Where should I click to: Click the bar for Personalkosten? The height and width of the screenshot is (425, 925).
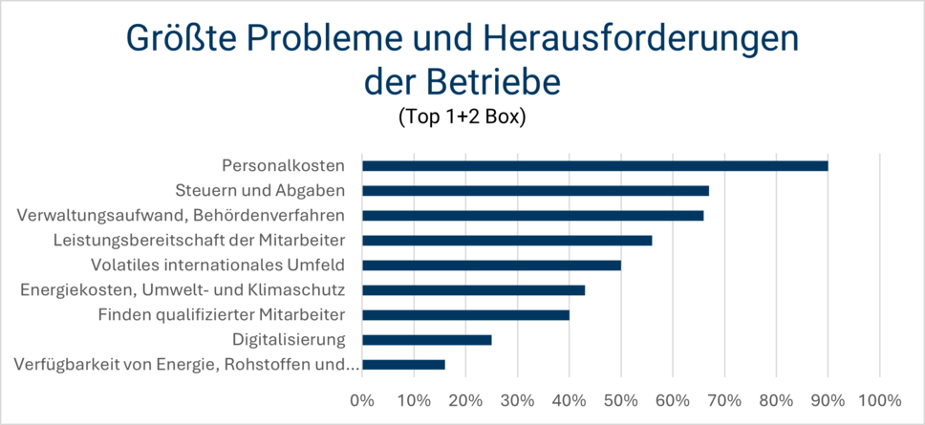tap(594, 165)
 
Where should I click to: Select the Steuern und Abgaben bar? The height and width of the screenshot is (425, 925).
tap(535, 190)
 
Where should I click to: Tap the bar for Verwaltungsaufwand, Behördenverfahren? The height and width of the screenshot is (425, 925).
tap(532, 215)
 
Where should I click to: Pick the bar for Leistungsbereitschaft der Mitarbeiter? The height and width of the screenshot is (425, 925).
tap(506, 240)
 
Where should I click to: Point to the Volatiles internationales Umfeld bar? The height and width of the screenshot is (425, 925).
tap(491, 265)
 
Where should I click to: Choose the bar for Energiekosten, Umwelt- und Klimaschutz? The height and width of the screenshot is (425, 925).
tap(473, 289)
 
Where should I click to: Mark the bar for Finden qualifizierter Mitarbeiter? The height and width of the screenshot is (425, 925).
tap(465, 314)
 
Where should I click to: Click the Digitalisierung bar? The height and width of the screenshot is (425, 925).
tap(426, 339)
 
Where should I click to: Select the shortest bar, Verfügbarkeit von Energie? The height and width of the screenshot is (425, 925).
tap(403, 364)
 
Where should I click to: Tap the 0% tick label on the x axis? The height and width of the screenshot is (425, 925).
tap(362, 399)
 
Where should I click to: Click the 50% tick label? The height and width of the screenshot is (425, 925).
tap(620, 399)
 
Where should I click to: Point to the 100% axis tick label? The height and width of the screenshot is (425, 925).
tap(879, 399)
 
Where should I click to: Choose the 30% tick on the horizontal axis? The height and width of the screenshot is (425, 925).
tap(517, 399)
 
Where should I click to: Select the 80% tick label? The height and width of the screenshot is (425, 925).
tap(776, 399)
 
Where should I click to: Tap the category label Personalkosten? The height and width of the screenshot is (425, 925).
tap(283, 165)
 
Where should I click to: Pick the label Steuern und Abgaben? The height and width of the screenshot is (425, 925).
tap(260, 190)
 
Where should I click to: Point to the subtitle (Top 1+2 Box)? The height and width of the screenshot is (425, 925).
tap(462, 118)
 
